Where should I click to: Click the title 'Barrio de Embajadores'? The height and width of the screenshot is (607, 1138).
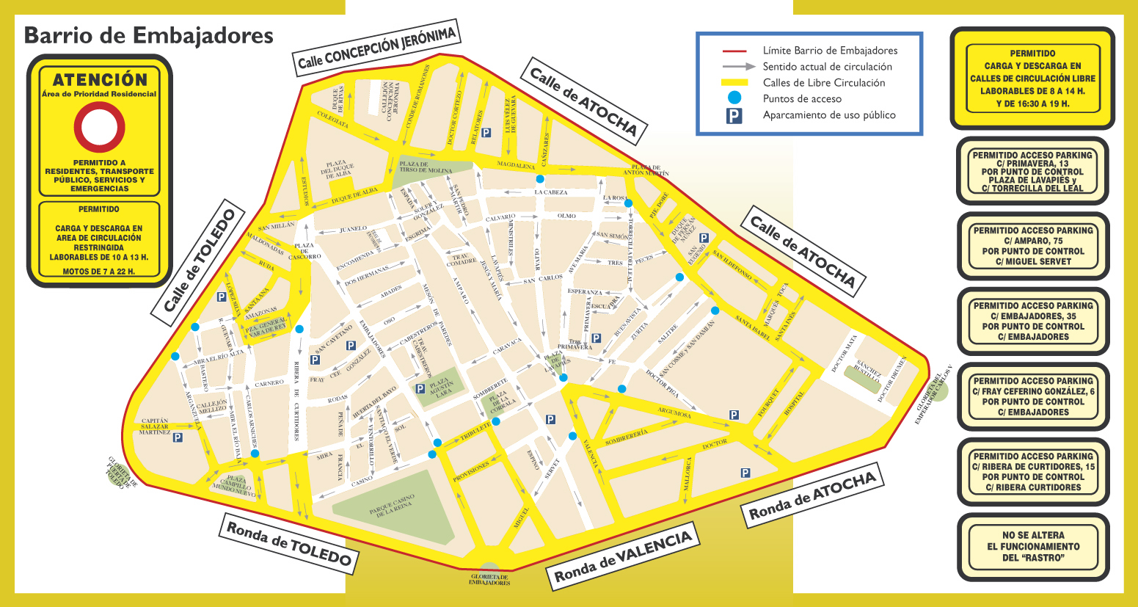tap(149, 35)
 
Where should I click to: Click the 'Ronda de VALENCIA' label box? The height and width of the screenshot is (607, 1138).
tap(623, 556)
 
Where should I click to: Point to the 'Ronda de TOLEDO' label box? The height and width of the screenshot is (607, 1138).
tap(289, 544)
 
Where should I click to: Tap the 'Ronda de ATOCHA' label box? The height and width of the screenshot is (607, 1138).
tap(812, 494)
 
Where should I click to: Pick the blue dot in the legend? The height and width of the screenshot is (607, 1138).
tap(734, 98)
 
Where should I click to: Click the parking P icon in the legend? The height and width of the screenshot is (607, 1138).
tap(734, 115)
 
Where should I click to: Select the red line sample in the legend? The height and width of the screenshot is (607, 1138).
tap(734, 51)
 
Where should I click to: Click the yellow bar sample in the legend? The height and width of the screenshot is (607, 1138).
tap(734, 83)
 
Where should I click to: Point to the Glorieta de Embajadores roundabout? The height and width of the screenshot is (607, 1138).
tap(489, 571)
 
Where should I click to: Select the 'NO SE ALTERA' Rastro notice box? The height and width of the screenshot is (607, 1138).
tap(1033, 547)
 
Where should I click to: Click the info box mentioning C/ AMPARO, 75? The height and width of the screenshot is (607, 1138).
tap(1033, 246)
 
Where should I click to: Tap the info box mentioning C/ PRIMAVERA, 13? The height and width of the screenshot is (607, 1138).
tap(1032, 171)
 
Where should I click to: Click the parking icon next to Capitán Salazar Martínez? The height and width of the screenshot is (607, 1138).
tap(177, 437)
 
